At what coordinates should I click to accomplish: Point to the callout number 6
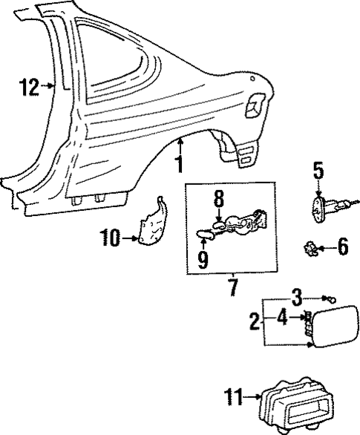click(x=342, y=246)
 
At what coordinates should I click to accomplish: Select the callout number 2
click(x=255, y=323)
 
